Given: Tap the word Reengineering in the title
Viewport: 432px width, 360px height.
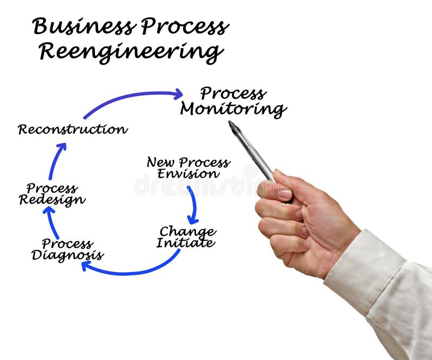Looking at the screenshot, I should tap(131, 52).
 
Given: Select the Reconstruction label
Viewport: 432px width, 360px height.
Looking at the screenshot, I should tap(72, 130).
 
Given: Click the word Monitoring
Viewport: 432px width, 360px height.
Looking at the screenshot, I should tap(233, 110).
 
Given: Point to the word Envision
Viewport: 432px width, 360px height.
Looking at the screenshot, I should tap(188, 174).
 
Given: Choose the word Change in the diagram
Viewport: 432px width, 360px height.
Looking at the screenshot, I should tap(187, 232).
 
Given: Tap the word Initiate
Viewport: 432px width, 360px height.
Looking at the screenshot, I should tap(185, 243).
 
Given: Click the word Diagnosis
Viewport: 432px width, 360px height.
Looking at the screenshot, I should tap(67, 255).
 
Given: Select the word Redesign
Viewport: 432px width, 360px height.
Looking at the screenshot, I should tap(52, 200).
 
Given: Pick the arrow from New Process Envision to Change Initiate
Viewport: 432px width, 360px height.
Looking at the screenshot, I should tap(193, 205).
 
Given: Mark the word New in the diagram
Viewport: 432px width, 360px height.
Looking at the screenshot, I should tap(160, 162).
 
